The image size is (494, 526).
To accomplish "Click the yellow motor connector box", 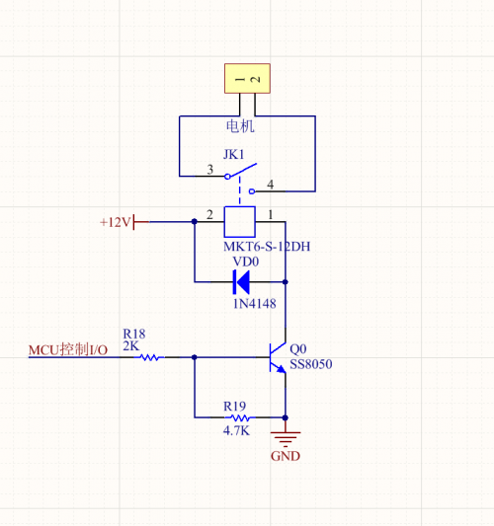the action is coord(247,79).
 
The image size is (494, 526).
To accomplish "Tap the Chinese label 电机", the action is coord(240,126).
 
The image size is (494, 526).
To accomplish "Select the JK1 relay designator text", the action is coord(234,154).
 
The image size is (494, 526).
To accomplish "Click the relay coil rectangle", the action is coord(239,222).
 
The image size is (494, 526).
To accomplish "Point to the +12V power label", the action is coord(115,222).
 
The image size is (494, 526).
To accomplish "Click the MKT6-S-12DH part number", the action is coord(267,247).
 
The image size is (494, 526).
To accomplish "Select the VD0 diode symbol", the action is coord(241,282).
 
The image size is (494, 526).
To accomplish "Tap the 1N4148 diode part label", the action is coord(255,304).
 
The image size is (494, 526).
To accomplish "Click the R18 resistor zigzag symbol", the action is coord(150,357).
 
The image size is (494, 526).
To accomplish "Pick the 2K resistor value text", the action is coord(130,345).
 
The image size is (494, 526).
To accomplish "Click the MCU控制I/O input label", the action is coord(68,350).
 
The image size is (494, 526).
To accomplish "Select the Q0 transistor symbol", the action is coord(278,357).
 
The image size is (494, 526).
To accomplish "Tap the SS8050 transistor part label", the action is coord(311,364).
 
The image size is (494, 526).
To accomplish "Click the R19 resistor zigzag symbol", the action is coord(240,418).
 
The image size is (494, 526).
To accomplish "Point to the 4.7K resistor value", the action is coord(236,430).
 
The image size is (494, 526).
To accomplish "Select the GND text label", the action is coord(286,456).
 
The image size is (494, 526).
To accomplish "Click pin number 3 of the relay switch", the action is coord(210,170).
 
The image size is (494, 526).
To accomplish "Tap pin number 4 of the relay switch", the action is coord(271,185).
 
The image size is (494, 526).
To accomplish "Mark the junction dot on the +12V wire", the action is coord(195,221).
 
